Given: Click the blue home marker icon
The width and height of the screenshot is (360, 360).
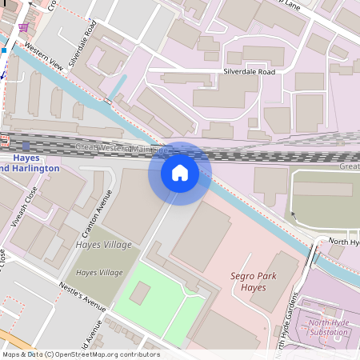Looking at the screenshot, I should (180, 172).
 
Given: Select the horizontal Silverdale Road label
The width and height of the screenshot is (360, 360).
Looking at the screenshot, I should (248, 72).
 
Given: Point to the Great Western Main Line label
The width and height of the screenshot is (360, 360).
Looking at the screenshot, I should (120, 149).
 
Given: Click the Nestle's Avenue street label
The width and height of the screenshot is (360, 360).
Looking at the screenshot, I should (82, 296).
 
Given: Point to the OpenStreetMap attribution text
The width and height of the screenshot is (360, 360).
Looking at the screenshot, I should (80, 354).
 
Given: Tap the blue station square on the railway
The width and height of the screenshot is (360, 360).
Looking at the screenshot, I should (26, 146).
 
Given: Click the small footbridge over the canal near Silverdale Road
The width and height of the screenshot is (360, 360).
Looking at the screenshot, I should (107, 102).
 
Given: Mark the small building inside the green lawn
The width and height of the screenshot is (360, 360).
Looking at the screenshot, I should (139, 293).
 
